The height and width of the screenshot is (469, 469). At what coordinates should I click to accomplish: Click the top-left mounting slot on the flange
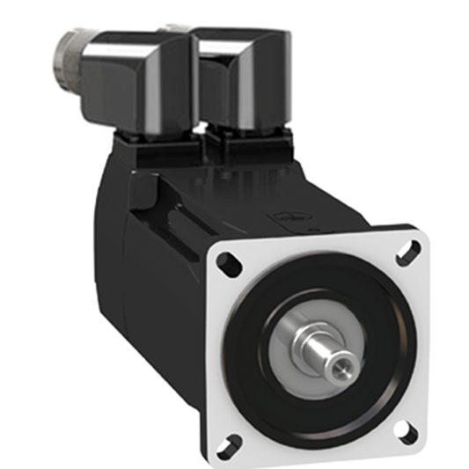click(x=226, y=262)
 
